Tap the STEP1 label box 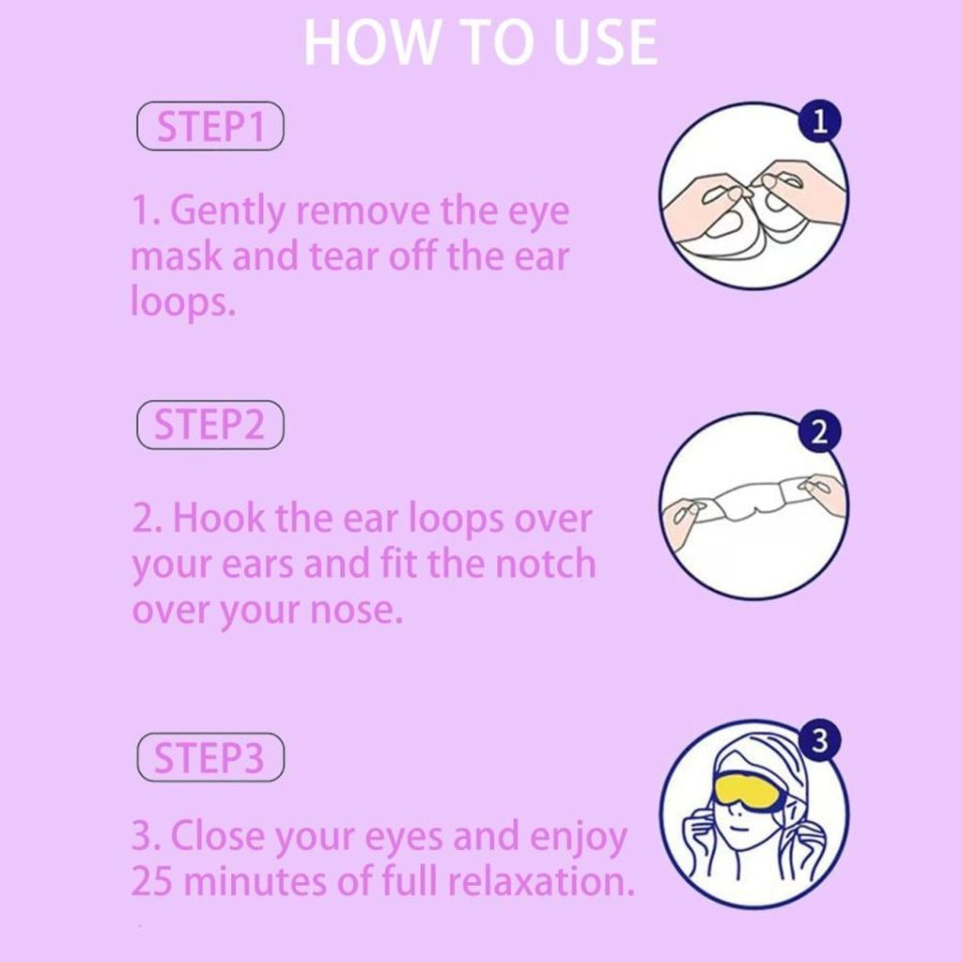210,127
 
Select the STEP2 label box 210,426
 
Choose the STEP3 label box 210,757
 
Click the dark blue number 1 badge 819,120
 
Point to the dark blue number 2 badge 819,432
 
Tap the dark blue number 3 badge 819,740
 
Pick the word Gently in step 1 227,212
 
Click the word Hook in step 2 219,518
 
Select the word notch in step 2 545,564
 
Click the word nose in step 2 356,612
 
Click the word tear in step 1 345,257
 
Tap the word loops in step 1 183,303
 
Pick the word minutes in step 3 256,881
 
